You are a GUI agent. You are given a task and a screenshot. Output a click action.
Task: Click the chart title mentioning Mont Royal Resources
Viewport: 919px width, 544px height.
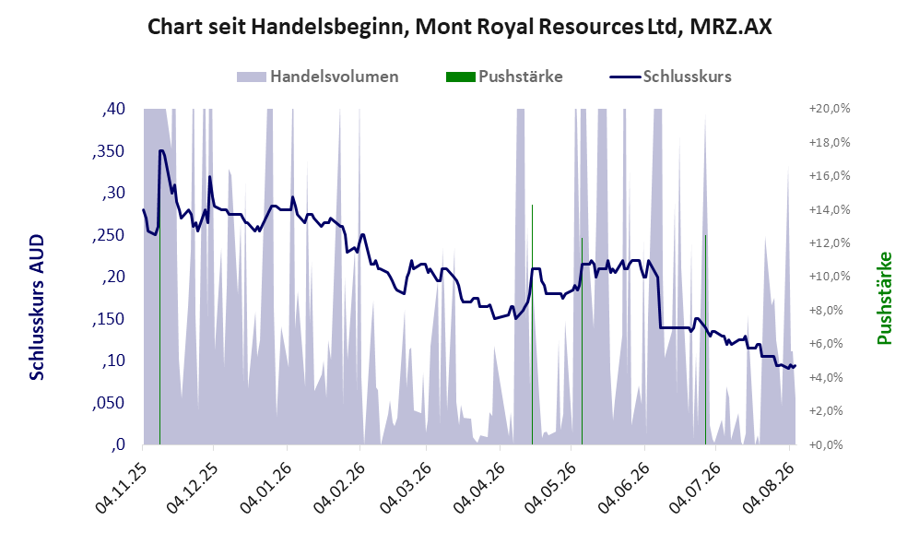point(459,27)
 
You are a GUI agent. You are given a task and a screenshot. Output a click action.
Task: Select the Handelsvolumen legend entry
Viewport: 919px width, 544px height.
point(317,77)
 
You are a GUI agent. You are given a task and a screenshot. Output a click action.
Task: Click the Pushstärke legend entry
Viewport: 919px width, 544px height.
point(504,77)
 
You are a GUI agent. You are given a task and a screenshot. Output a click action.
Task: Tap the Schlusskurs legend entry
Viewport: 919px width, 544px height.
point(670,77)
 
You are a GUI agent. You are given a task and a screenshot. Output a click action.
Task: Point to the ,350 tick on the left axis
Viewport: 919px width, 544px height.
point(109,151)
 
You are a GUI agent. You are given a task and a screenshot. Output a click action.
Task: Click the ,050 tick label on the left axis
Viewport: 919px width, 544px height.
point(109,403)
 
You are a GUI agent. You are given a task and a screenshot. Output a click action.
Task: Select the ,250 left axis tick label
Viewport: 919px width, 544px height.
point(109,235)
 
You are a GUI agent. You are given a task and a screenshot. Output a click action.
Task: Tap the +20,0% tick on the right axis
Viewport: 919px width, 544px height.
point(830,109)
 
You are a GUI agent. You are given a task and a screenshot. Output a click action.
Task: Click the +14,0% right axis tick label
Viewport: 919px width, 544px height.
point(830,210)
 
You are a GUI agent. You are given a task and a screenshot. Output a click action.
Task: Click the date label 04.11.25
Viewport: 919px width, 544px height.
point(122,488)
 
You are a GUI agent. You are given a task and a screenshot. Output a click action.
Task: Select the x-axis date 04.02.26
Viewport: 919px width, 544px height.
point(339,488)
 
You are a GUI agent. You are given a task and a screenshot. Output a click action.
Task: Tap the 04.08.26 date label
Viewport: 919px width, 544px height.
point(769,488)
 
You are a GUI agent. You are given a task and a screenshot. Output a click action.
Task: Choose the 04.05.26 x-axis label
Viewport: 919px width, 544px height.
point(549,488)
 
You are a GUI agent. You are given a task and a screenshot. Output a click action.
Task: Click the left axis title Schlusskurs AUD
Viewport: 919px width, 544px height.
point(37,307)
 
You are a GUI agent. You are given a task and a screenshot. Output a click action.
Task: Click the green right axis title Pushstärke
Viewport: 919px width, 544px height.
point(884,299)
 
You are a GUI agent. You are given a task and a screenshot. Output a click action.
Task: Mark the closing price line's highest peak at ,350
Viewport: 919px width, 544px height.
point(160,150)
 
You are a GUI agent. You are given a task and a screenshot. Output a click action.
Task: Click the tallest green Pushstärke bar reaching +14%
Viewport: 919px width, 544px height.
point(532,325)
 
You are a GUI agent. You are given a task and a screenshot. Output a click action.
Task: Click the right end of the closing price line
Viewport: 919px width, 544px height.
point(795,366)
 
